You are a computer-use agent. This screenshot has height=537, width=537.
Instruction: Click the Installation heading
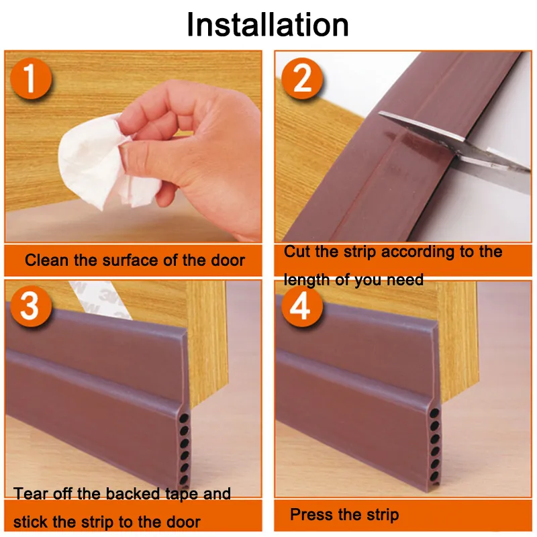[x=267, y=25]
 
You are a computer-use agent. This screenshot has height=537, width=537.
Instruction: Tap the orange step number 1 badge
[x=31, y=79]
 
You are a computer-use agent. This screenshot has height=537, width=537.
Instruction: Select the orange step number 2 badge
[x=302, y=79]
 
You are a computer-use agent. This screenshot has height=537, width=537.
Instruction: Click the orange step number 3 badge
[x=31, y=306]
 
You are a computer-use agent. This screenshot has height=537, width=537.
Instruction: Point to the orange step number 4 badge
[x=302, y=306]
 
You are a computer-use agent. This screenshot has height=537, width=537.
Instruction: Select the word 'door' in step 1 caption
[x=228, y=260]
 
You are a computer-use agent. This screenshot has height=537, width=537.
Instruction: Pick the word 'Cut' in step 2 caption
[x=297, y=252]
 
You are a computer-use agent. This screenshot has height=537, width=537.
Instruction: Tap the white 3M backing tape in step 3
[x=99, y=299]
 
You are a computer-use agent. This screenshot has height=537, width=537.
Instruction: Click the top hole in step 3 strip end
[x=184, y=418]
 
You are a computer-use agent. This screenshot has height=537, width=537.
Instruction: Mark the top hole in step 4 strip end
[x=434, y=413]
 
